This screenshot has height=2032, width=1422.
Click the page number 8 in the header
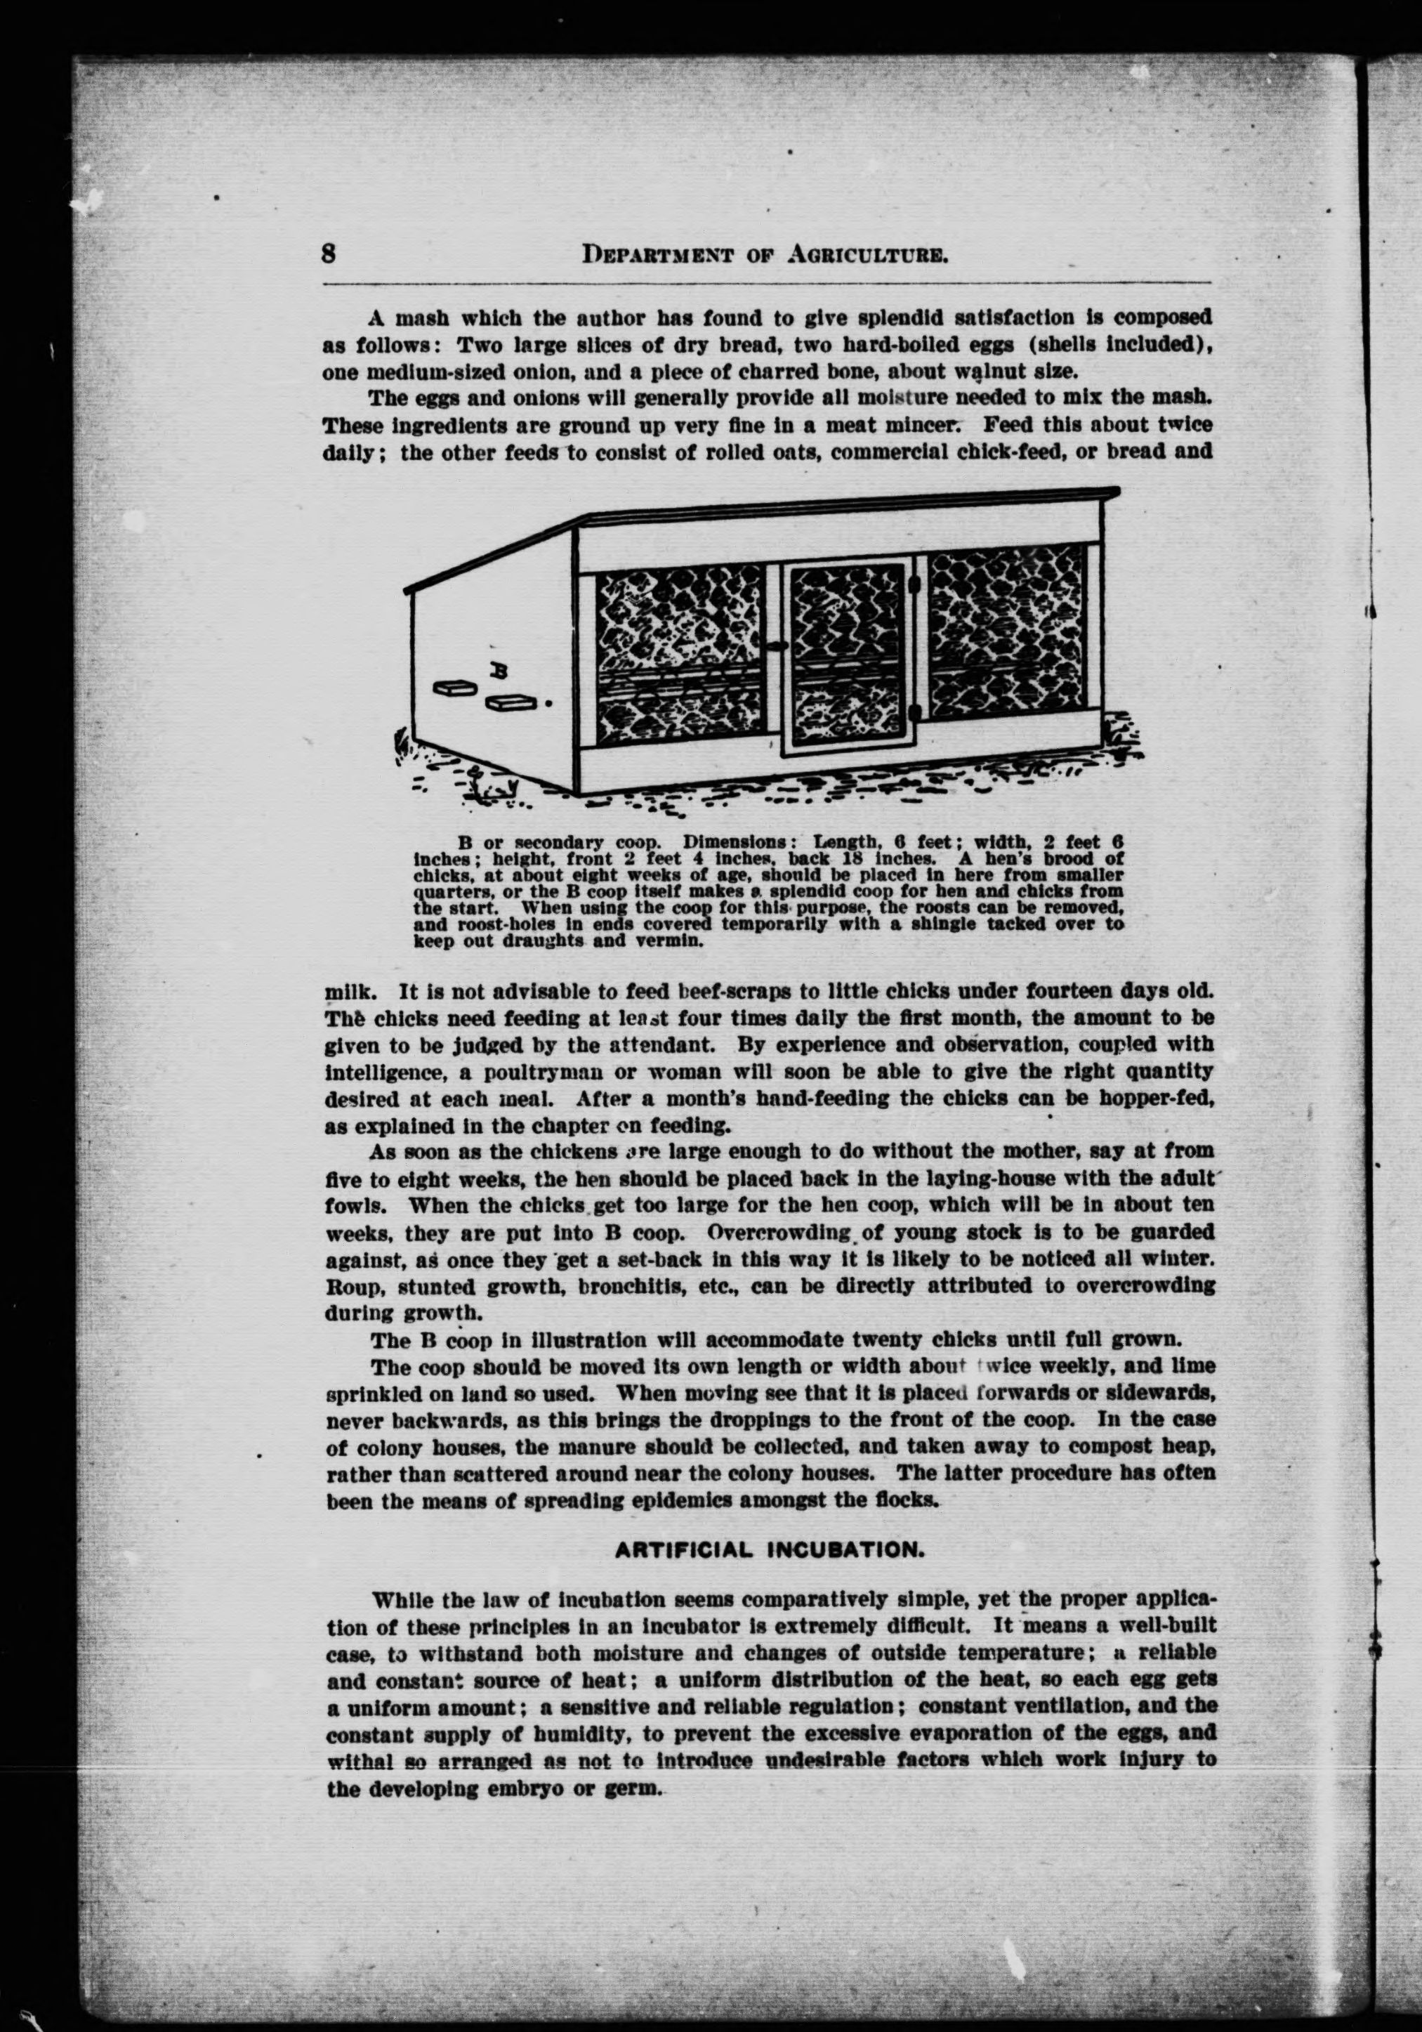[329, 254]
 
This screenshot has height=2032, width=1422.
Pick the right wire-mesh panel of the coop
[1007, 634]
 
